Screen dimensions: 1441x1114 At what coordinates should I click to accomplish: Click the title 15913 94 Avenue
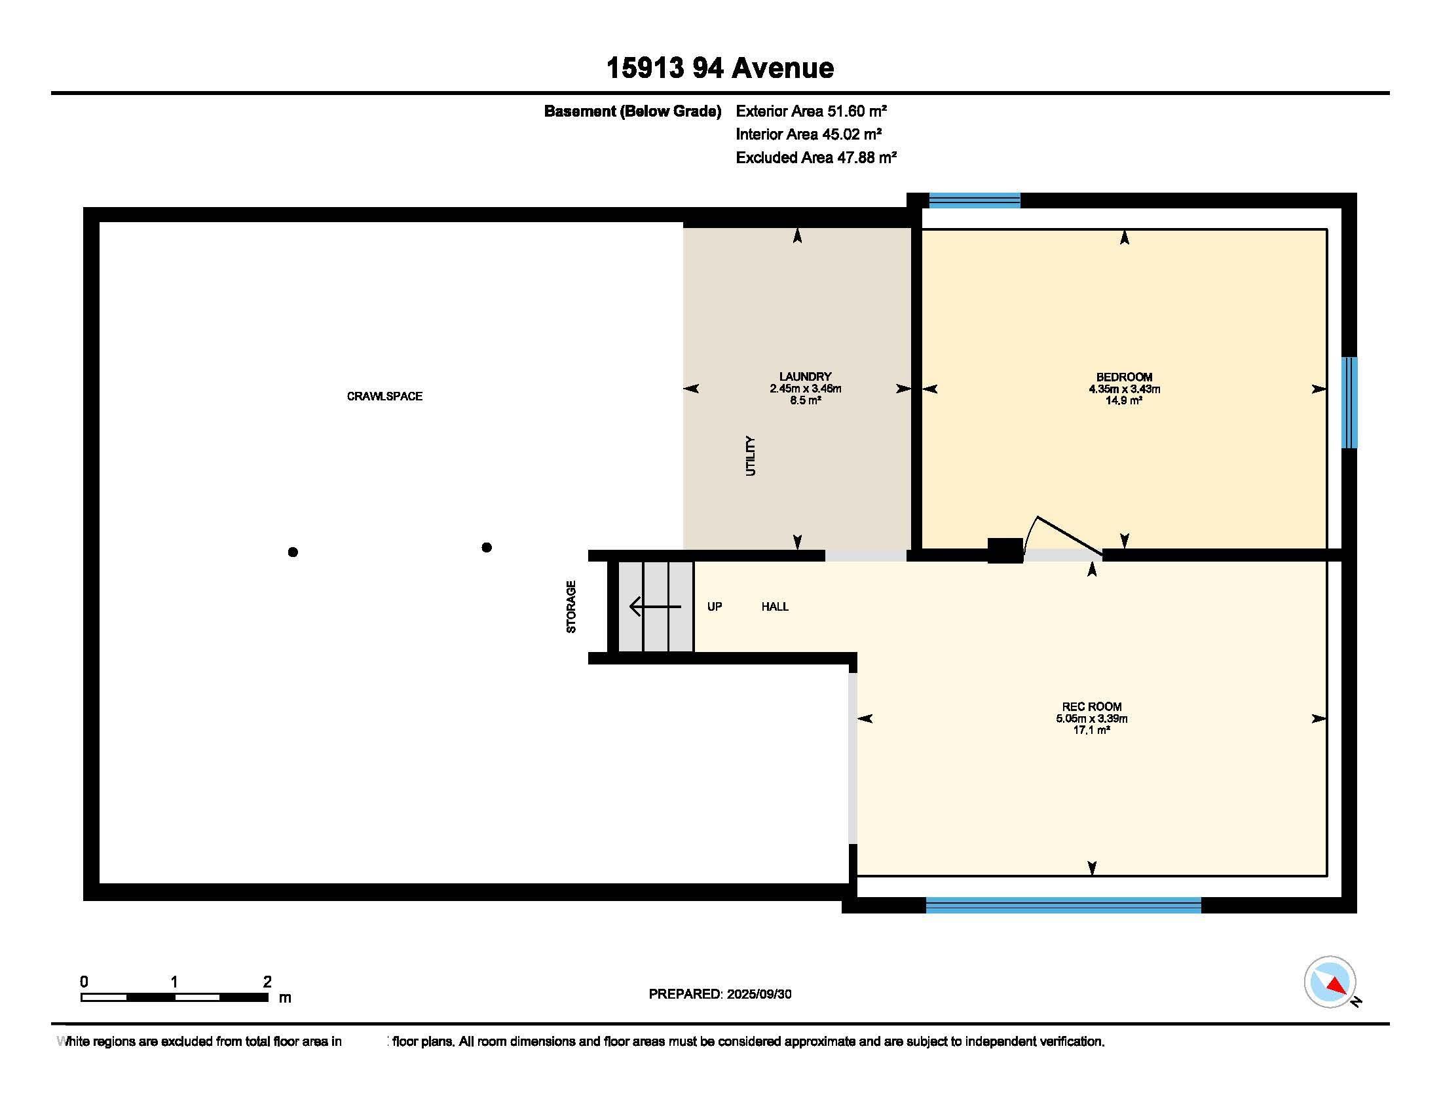(x=720, y=68)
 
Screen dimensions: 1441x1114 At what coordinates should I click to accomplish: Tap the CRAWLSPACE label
(x=384, y=396)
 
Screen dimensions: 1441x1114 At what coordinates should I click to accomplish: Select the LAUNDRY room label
(x=805, y=377)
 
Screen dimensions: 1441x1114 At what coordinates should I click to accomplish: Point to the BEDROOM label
(x=1124, y=377)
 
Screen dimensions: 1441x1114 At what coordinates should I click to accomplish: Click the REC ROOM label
(x=1091, y=706)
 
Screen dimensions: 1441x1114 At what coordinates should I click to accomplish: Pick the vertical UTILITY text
(x=750, y=455)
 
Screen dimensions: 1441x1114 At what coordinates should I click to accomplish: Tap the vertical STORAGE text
(x=571, y=607)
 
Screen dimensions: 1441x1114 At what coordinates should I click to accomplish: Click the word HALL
(x=775, y=607)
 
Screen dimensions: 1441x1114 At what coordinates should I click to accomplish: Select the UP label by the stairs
(x=715, y=607)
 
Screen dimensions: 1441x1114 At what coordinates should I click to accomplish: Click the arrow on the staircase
(x=655, y=606)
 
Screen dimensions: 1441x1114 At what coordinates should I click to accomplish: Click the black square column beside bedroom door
(x=1005, y=550)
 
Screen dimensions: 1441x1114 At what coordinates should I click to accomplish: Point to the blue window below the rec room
(x=1063, y=906)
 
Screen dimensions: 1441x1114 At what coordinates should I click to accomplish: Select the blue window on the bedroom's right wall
(x=1349, y=402)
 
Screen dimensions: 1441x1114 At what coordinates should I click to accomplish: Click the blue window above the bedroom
(x=975, y=200)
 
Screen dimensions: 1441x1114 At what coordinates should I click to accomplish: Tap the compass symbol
(x=1330, y=982)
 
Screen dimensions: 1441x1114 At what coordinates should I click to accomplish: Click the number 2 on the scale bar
(x=267, y=982)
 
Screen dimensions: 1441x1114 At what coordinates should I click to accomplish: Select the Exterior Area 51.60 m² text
(x=811, y=111)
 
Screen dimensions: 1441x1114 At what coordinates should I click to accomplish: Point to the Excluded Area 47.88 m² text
(x=816, y=157)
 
